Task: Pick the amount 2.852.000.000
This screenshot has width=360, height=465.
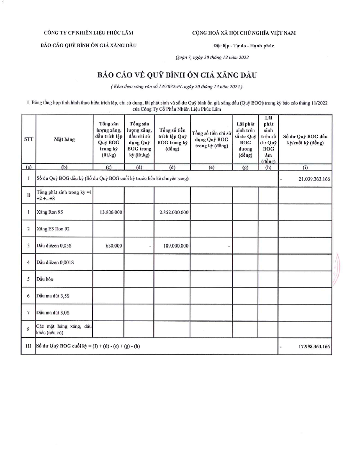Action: tap(174, 212)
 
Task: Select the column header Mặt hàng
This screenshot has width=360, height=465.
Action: tap(64, 140)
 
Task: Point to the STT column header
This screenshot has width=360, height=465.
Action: tap(28, 140)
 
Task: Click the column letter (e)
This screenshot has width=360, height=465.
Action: tap(211, 167)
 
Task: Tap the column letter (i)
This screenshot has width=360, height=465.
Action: tap(305, 167)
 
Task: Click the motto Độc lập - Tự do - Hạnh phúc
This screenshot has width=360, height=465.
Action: tap(243, 46)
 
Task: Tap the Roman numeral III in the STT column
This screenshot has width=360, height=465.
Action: tap(28, 347)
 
